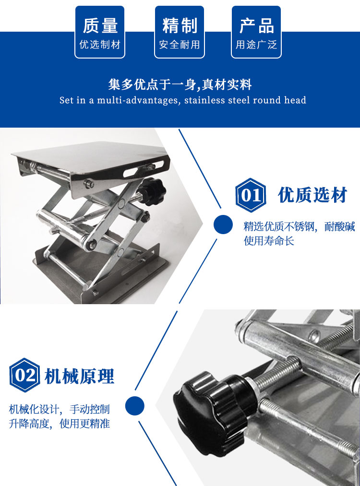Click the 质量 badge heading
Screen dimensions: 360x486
100,25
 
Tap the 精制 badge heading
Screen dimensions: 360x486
180,25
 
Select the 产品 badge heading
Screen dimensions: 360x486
256,25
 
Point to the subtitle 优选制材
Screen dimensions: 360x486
100,45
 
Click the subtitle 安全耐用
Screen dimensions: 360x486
180,45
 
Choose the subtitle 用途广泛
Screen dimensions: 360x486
256,45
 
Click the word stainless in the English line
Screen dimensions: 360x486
204,100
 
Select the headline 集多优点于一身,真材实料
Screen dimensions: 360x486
180,84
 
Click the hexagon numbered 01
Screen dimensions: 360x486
251,195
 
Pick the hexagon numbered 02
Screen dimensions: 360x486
25,375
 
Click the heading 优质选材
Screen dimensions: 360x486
312,195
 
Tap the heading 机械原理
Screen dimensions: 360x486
80,376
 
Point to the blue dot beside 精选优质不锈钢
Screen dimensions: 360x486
223,225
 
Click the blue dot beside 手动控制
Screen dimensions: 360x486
134,406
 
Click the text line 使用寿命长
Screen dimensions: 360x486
269,241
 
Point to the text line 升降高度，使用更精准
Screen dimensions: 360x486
59,423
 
